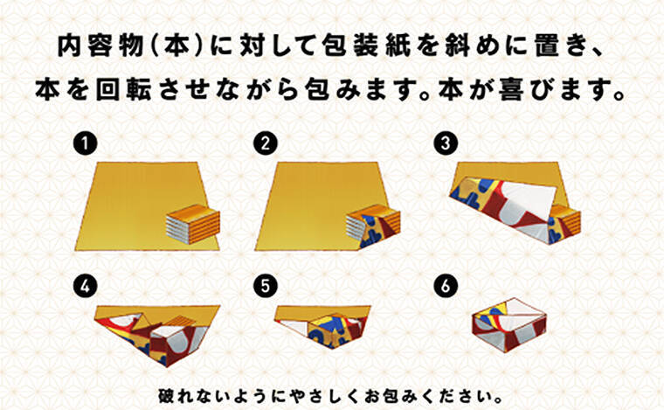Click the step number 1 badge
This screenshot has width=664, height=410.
point(85,143)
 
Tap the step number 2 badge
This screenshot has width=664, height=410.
point(265,143)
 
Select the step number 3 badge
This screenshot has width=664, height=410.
point(445,143)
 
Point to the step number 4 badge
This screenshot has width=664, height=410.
point(85,287)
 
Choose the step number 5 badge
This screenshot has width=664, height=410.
point(265,287)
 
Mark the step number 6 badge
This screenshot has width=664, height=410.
point(445,287)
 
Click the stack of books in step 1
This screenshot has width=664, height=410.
point(193,224)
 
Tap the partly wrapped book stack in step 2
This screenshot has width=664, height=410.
point(374,226)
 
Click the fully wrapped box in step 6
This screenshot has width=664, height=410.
point(509,325)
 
